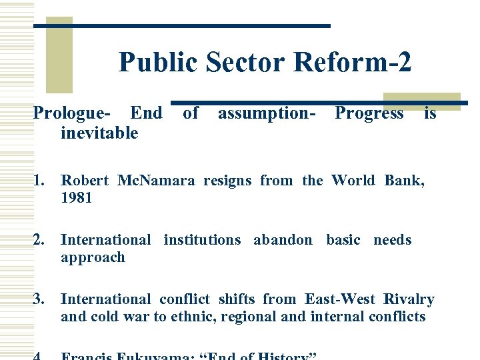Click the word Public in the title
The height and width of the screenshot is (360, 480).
tap(159, 63)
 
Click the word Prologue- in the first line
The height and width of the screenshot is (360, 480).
tap(73, 114)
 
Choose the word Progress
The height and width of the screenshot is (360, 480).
tap(369, 114)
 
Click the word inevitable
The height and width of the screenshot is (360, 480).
tap(99, 133)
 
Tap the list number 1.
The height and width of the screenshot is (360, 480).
tap(41, 180)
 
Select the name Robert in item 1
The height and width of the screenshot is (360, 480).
tap(85, 180)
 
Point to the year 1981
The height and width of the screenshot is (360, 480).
tap(76, 198)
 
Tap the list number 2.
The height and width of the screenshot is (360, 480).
tap(41, 240)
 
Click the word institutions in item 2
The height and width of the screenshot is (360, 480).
tap(202, 240)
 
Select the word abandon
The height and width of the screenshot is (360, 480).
tap(283, 240)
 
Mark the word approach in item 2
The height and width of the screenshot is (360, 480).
tap(93, 258)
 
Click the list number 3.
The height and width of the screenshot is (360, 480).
tap(41, 299)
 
